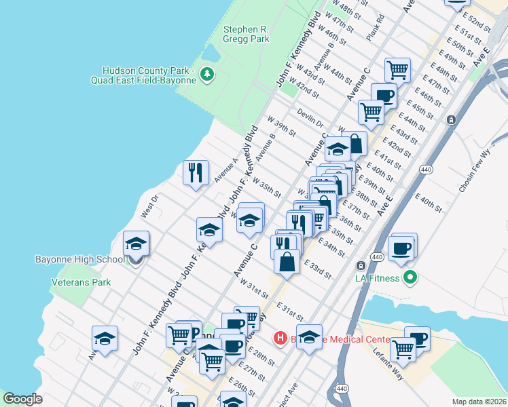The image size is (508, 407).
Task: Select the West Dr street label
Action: (x=149, y=206)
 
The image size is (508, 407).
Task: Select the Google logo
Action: (x=22, y=399)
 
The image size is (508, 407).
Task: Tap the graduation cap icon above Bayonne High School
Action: (x=136, y=243)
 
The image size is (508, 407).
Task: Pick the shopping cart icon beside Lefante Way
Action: (x=403, y=348)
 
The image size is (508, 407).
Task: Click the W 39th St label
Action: (x=281, y=125)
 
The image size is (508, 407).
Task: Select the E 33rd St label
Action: (x=317, y=269)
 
